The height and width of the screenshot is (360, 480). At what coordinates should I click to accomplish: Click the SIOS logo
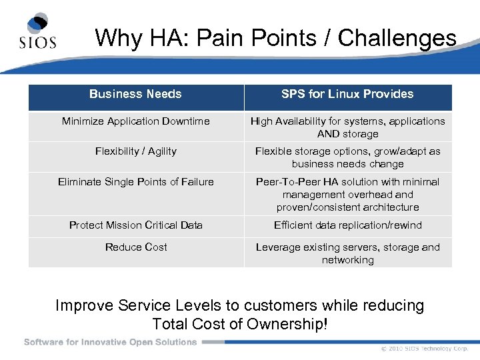point(37,32)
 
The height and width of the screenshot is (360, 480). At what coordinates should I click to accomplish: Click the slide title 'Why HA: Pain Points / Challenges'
point(275,38)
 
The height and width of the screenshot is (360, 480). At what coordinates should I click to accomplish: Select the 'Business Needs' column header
point(135,94)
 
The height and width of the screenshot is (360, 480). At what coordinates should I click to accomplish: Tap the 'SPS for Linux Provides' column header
point(347,94)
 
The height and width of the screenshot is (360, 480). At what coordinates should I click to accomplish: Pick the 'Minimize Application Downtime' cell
point(136,121)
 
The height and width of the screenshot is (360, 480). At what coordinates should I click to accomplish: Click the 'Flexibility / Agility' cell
point(136,151)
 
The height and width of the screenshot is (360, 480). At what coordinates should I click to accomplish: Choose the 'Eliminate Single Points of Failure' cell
point(136,182)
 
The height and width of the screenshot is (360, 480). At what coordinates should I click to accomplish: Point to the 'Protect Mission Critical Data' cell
point(136,225)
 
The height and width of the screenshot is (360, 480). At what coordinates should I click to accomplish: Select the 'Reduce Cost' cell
point(136,247)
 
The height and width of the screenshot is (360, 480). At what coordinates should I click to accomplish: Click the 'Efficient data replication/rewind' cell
point(347,225)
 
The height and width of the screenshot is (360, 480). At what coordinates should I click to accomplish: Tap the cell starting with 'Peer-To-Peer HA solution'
point(347,194)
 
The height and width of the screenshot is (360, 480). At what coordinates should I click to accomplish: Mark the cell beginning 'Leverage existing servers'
point(347,253)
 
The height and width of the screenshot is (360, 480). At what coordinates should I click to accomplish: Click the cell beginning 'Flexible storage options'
point(347,157)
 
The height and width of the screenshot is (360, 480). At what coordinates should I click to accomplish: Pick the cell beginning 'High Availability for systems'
point(347,127)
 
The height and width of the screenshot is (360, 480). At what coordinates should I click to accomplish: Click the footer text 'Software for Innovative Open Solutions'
point(111,342)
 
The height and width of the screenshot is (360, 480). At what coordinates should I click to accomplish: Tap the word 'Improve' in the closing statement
point(85,306)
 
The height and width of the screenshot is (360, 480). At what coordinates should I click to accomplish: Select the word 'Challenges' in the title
point(397,38)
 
